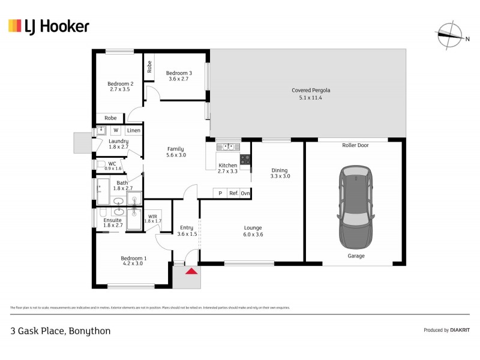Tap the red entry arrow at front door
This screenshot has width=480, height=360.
pos(191,271)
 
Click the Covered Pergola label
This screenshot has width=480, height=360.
pos(311,91)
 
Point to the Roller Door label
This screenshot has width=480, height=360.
pos(355,145)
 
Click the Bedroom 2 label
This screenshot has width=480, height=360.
pos(120,83)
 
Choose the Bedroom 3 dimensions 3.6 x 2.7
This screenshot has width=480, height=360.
pos(178,79)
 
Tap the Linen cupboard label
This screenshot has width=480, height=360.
pos(133,130)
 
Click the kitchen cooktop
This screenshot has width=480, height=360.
pos(245,159)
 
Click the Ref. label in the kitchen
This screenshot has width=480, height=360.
pos(233,193)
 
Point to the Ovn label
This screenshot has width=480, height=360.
pos(245,193)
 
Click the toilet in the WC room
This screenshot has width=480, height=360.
pos(101,164)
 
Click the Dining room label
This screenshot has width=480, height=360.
pos(280,170)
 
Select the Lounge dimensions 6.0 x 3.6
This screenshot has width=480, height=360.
pos(253,235)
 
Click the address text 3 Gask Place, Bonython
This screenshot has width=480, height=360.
pos(60,331)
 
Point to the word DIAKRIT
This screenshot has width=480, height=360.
pos(460,330)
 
